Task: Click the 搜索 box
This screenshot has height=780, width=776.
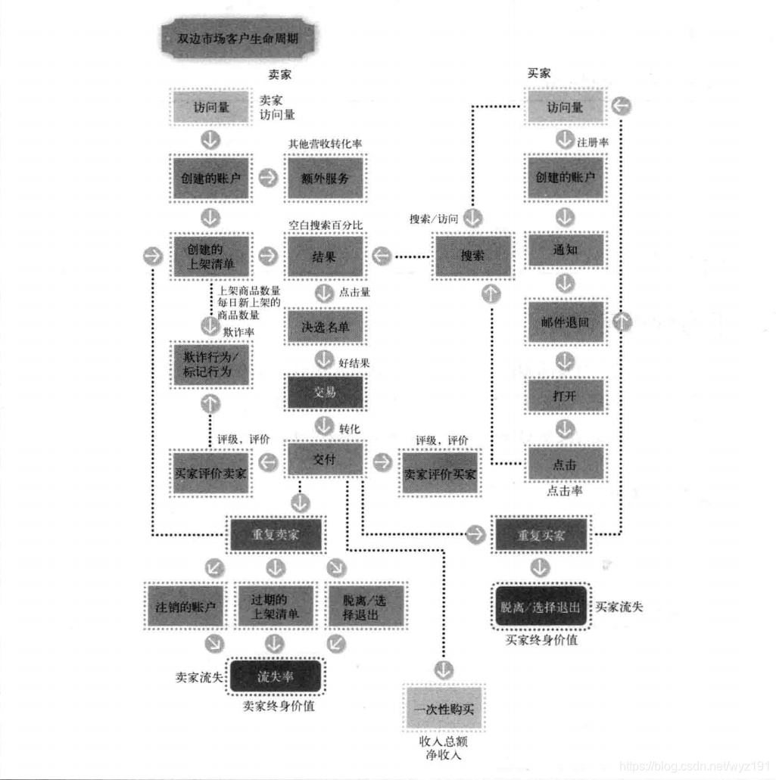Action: pyautogui.click(x=472, y=256)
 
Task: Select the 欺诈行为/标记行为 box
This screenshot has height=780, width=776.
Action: pyautogui.click(x=210, y=364)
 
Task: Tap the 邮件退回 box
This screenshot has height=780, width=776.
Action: pyautogui.click(x=566, y=322)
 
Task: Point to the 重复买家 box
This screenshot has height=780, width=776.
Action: pyautogui.click(x=541, y=536)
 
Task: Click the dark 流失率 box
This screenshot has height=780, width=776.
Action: pyautogui.click(x=276, y=676)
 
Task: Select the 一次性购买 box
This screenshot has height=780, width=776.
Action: pyautogui.click(x=444, y=710)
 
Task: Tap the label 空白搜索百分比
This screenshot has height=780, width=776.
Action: pyautogui.click(x=326, y=225)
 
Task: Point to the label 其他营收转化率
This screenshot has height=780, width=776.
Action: pyautogui.click(x=325, y=144)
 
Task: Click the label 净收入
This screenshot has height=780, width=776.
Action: pyautogui.click(x=444, y=755)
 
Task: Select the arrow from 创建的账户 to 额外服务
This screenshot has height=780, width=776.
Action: pyautogui.click(x=267, y=178)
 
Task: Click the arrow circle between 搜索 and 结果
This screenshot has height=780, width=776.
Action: pyautogui.click(x=382, y=256)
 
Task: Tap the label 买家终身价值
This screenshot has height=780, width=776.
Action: pyautogui.click(x=541, y=640)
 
